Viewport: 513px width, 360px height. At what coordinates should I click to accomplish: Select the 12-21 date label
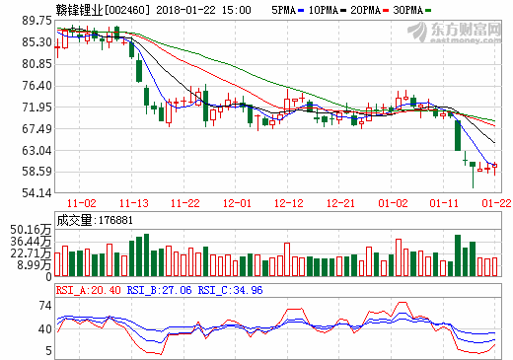pos(340,202)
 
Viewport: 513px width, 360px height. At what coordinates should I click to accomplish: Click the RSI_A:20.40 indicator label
pos(90,290)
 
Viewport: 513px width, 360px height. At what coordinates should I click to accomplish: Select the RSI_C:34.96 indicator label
pos(228,290)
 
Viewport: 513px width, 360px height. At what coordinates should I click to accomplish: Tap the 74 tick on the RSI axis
pos(43,305)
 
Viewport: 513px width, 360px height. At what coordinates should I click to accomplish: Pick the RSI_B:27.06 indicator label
pos(159,290)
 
